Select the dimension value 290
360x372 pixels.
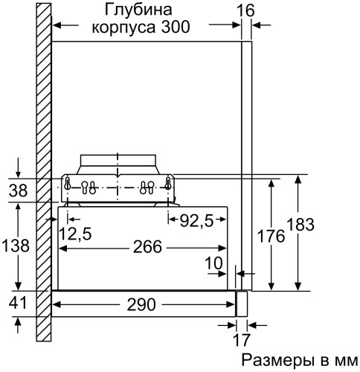pos(141,304)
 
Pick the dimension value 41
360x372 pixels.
pos(16,304)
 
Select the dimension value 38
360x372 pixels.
pos(16,190)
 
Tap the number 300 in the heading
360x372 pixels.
pos(174,28)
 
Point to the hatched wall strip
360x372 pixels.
pos(42,149)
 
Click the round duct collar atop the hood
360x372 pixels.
pos(117,163)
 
